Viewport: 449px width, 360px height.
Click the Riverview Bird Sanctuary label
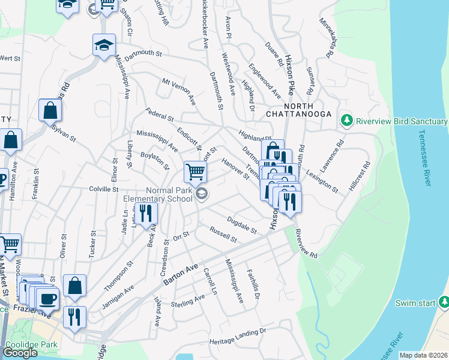pyautogui.click(x=402, y=121)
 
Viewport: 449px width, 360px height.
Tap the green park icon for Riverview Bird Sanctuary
pyautogui.click(x=346, y=121)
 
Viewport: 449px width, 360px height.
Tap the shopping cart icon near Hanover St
pyautogui.click(x=195, y=172)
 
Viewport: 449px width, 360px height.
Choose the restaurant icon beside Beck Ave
pyautogui.click(x=146, y=212)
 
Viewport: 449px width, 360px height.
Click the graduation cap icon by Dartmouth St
pyautogui.click(x=104, y=44)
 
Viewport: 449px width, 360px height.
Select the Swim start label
pyautogui.click(x=415, y=303)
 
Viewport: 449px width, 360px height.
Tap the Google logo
pyautogui.click(x=20, y=353)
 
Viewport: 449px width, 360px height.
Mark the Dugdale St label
pyautogui.click(x=242, y=225)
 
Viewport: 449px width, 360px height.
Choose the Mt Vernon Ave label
pyautogui.click(x=178, y=91)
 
